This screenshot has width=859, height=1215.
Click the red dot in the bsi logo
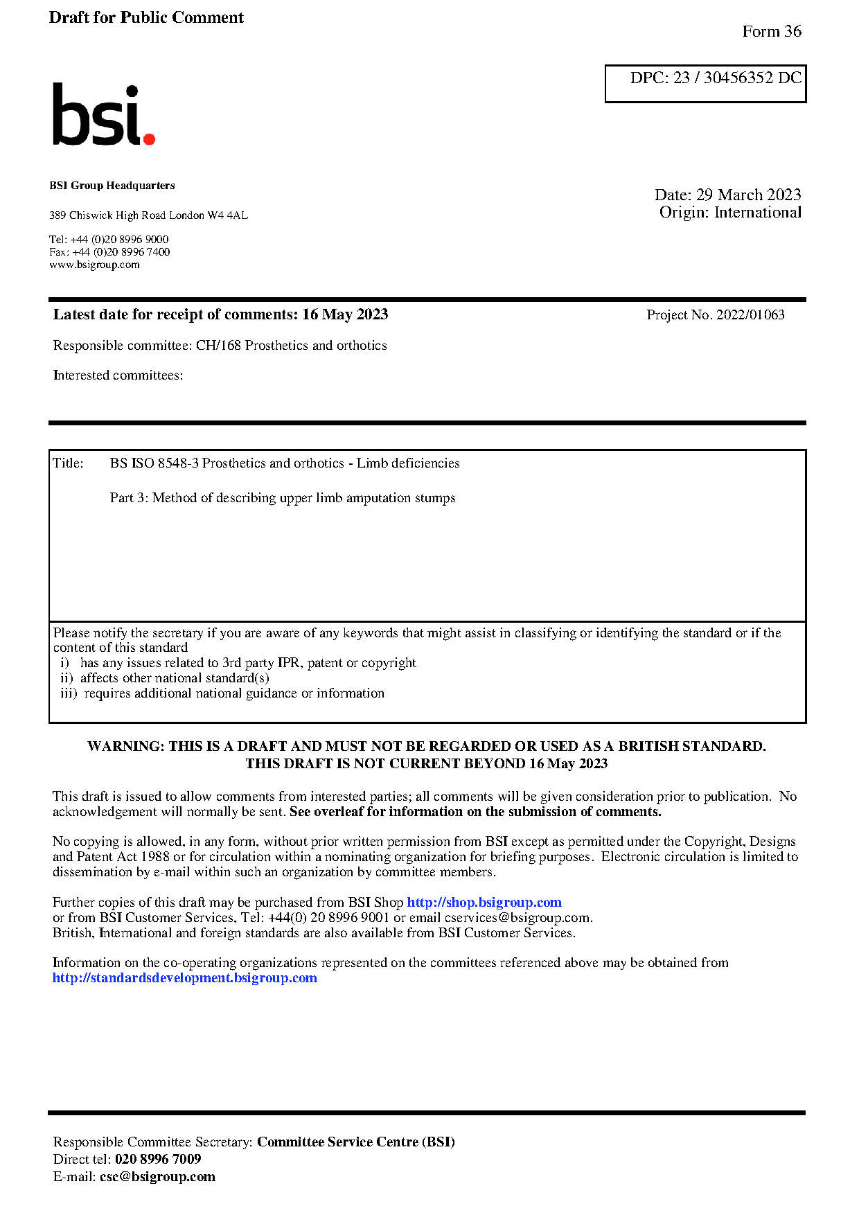pos(148,139)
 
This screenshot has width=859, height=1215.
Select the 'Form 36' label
pos(771,31)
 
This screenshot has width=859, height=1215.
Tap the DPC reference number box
pos(705,83)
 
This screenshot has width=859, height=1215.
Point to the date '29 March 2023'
pos(748,195)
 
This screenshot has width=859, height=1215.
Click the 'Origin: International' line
pos(730,213)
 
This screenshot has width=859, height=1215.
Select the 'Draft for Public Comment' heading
pos(146,17)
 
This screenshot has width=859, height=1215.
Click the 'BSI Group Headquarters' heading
pos(112,186)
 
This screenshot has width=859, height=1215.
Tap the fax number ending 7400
pos(109,252)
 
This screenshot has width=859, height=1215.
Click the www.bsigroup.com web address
pos(94,265)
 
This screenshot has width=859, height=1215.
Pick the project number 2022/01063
pos(750,315)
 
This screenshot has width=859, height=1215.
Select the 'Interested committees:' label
pos(118,375)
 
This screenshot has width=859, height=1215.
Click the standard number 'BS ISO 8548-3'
pos(154,463)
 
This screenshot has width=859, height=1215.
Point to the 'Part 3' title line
pos(283,498)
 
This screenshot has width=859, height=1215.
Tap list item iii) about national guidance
pos(222,693)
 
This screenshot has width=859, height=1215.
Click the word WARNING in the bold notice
pos(125,747)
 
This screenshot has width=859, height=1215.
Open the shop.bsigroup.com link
pos(484,903)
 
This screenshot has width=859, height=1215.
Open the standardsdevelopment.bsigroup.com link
pos(185,978)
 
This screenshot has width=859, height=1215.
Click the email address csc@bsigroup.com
pos(157,1177)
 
